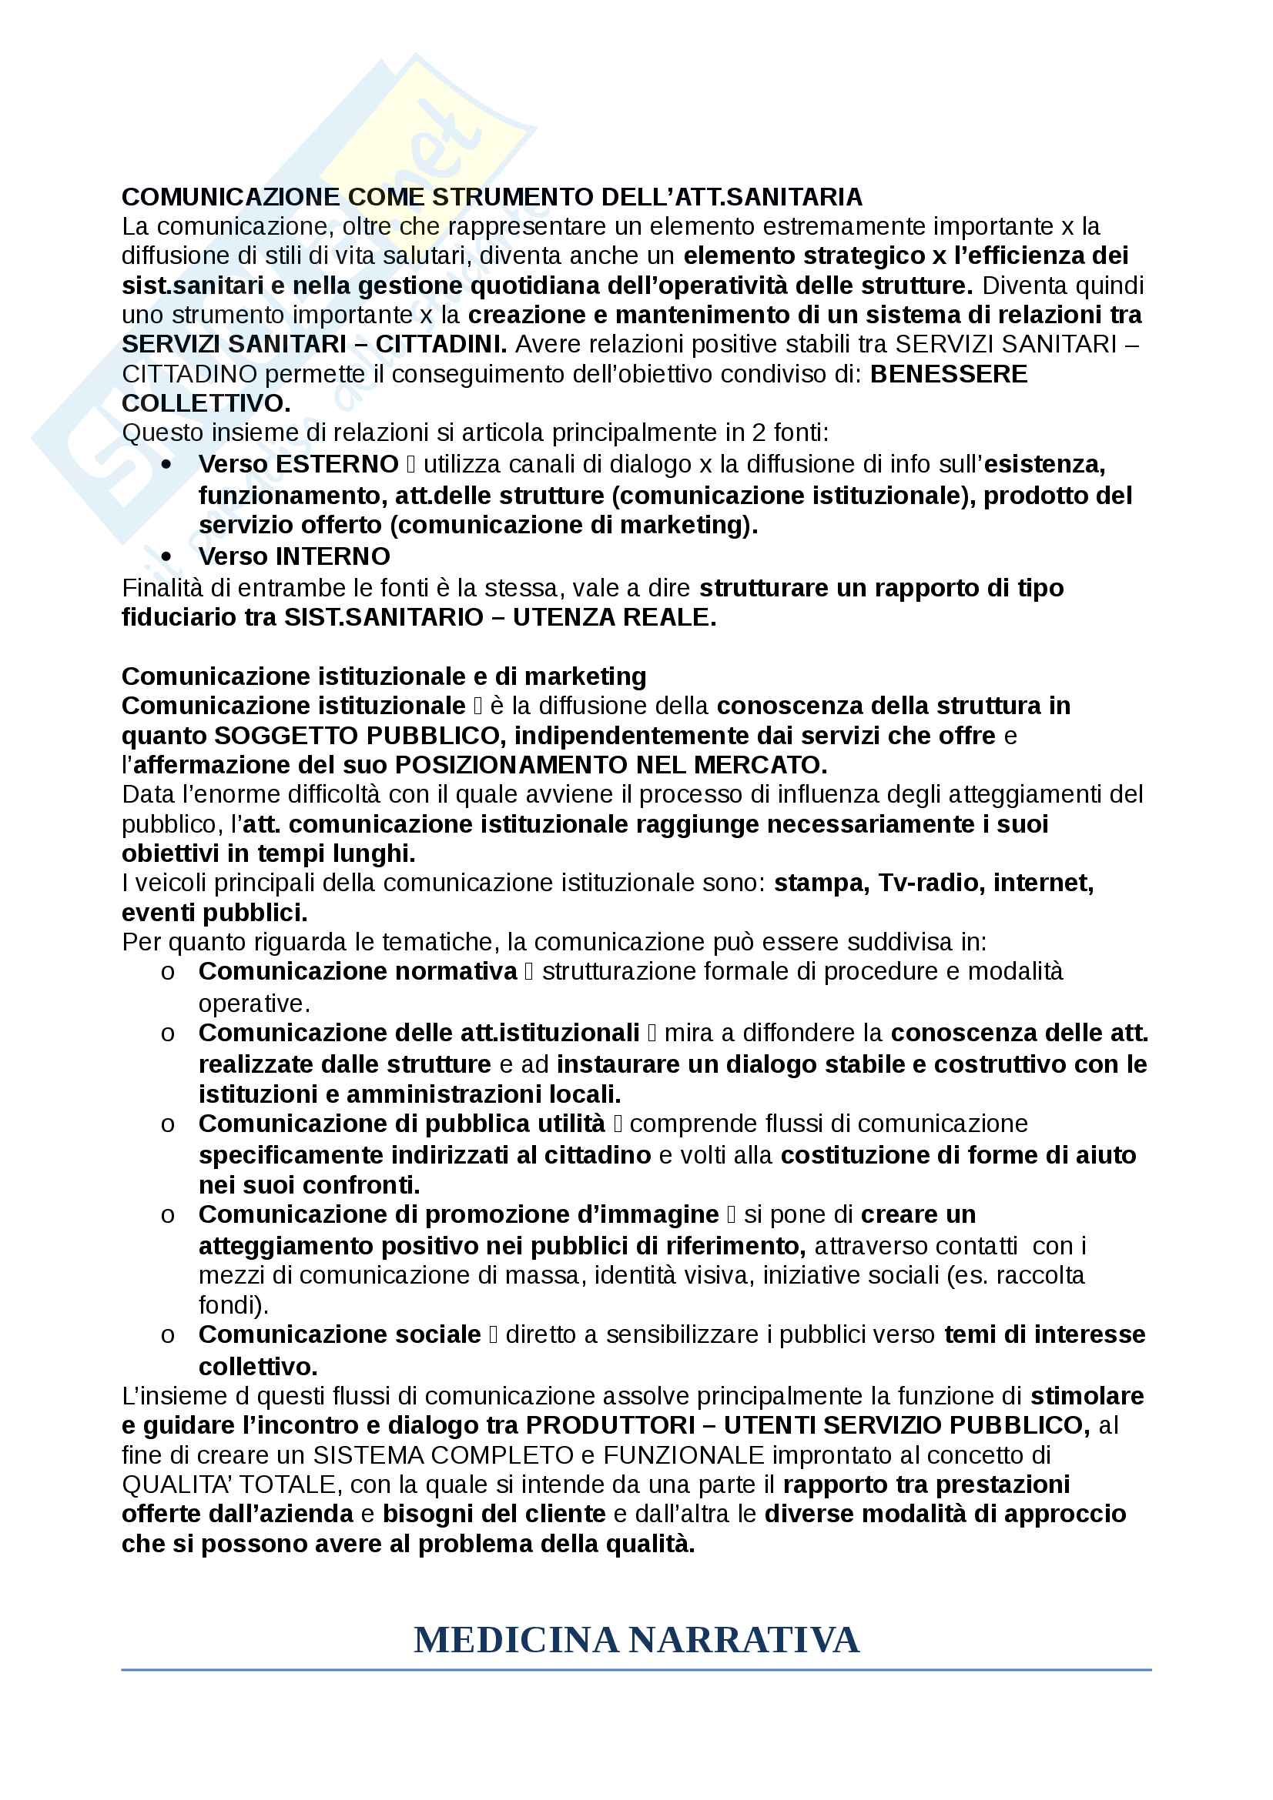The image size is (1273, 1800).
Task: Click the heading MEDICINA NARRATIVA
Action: coord(636,1640)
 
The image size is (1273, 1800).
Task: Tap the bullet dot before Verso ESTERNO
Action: coord(166,464)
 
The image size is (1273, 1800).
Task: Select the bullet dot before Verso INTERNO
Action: coord(166,556)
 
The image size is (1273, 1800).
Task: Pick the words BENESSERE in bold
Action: coord(948,374)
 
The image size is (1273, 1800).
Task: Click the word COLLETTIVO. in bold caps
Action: coord(206,404)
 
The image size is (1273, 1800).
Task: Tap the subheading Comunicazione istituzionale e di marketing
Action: coord(384,676)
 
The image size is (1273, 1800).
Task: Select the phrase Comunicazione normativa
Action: coord(357,971)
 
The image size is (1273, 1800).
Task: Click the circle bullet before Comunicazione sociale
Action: coord(167,1335)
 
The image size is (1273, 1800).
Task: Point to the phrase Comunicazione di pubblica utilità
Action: coord(401,1124)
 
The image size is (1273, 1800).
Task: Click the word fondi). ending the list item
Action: coord(233,1304)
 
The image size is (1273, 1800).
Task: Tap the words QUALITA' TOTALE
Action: coord(228,1484)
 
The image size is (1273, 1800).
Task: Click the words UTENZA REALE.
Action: coord(614,617)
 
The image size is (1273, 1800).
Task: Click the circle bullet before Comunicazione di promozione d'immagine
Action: coord(167,1215)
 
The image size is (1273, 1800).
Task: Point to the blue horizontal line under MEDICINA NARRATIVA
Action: coord(636,1670)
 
